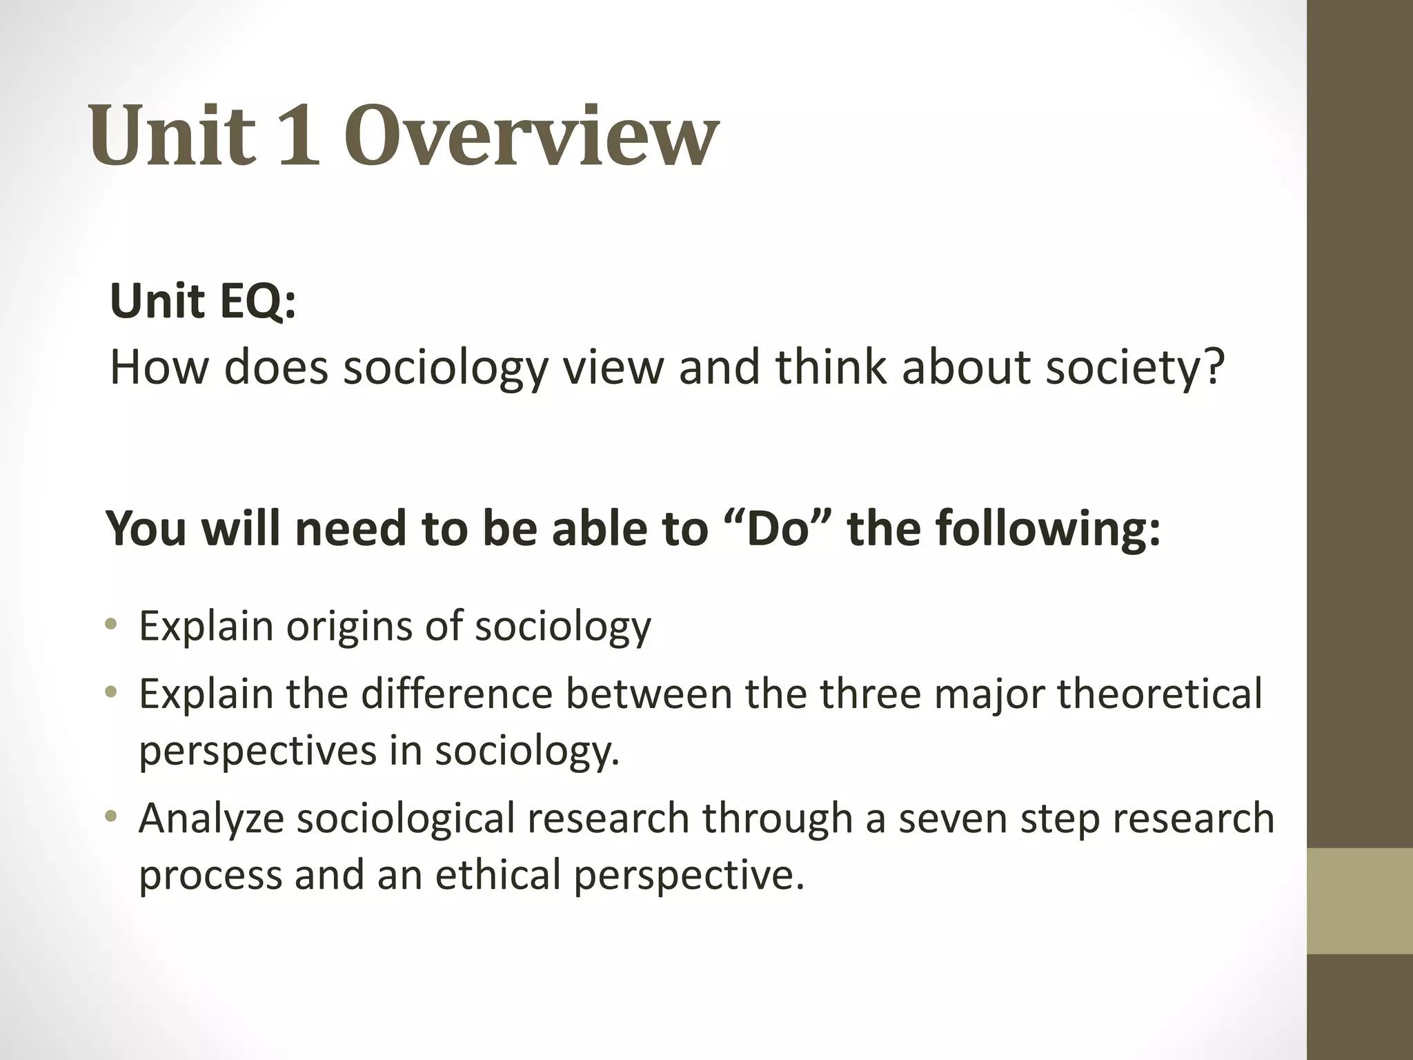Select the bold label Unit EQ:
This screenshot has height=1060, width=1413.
203,302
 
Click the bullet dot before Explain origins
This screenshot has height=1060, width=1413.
111,625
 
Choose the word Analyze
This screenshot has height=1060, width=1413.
211,818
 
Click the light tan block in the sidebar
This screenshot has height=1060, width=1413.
1360,901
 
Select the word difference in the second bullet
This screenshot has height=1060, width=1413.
456,694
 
